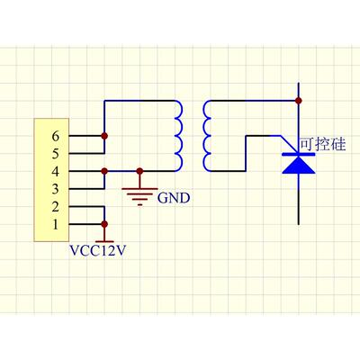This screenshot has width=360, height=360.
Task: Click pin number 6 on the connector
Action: (x=56, y=137)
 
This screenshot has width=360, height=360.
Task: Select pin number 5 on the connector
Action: (x=56, y=154)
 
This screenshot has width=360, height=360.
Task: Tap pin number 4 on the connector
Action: (x=56, y=172)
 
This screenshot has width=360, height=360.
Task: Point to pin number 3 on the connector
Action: (x=56, y=189)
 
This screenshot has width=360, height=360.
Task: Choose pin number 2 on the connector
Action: (x=56, y=207)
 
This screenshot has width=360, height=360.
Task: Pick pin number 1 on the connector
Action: (x=56, y=224)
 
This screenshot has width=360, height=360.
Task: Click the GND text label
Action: (x=174, y=198)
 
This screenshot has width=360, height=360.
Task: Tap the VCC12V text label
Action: (x=97, y=251)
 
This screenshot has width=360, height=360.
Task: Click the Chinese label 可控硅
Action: (x=323, y=144)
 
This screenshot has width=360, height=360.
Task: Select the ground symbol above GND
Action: (x=139, y=194)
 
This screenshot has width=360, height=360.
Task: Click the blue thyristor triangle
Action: (x=299, y=165)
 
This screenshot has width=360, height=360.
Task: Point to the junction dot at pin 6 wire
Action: (x=104, y=136)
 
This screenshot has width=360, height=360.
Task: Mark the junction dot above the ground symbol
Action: (x=139, y=171)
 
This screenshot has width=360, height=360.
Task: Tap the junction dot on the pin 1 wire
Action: (x=104, y=224)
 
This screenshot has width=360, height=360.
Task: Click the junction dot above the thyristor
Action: (x=299, y=101)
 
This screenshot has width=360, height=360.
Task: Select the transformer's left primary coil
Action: (x=179, y=136)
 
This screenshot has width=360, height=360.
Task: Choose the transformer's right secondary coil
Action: (x=207, y=136)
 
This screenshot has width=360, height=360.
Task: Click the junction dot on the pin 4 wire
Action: (x=104, y=171)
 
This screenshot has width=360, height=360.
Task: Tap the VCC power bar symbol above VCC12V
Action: (x=104, y=241)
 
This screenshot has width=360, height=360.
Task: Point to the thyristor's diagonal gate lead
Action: (x=290, y=145)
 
